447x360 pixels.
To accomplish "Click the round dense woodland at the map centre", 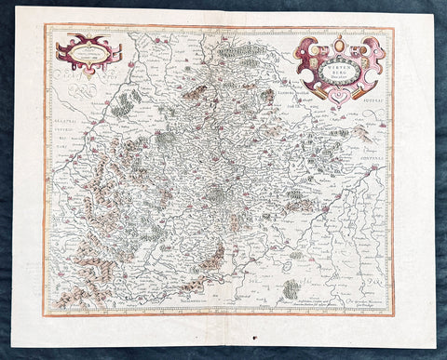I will click(215, 194).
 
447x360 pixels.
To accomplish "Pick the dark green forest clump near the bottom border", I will click(291, 290).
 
